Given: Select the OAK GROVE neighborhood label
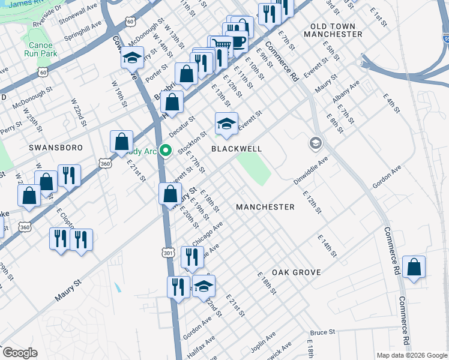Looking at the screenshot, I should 296,272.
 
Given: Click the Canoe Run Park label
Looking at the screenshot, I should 41,48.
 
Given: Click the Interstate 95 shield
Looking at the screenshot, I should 445,38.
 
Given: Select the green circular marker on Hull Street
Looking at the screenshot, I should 166,151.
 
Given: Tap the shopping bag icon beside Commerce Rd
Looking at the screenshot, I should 414,268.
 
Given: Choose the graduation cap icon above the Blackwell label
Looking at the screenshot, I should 226,124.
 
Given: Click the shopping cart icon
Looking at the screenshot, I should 221,46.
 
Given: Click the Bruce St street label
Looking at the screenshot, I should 322,332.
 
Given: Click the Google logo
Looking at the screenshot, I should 19,353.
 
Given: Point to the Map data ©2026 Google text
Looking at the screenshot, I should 411,355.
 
